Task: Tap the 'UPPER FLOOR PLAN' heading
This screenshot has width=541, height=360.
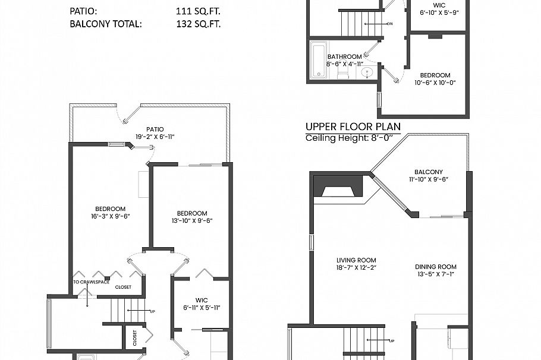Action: [353, 127]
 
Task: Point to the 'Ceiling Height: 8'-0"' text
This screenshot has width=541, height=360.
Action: [350, 138]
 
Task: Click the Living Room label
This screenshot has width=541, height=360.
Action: [356, 264]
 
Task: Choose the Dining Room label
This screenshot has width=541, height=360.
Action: [435, 270]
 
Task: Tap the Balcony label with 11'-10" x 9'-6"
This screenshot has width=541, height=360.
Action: [428, 175]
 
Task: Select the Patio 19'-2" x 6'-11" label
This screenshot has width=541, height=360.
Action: [155, 132]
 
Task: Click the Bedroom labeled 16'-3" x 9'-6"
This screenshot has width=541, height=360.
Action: [110, 212]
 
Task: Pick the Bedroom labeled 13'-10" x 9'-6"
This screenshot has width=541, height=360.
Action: [191, 217]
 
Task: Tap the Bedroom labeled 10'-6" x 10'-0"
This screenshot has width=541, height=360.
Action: [435, 79]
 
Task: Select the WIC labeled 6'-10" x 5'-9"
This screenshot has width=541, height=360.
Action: [439, 8]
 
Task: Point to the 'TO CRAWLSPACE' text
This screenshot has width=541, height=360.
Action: [86, 282]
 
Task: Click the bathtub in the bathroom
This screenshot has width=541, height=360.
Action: [319, 60]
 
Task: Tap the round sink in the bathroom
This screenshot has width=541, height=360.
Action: [367, 72]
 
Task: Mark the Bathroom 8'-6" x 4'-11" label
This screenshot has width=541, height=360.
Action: [344, 60]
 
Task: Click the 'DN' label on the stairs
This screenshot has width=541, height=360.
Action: [389, 24]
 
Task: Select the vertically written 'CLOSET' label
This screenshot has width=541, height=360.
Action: [135, 339]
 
